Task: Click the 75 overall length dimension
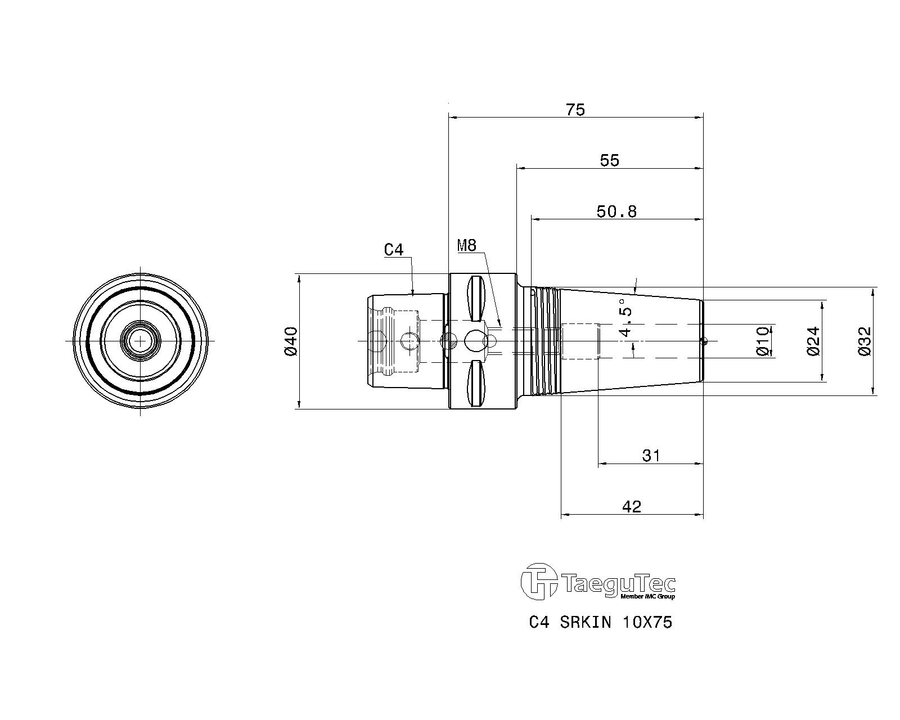point(575,110)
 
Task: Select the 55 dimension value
point(609,161)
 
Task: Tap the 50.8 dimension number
point(616,211)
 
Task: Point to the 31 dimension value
point(651,456)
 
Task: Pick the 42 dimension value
point(632,507)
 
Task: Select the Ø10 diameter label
point(763,341)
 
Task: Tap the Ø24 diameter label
point(813,341)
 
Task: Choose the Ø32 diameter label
point(865,341)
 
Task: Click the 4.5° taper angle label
point(625,318)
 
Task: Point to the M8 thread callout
point(467,246)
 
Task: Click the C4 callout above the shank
point(394,250)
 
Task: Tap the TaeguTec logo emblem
point(539,582)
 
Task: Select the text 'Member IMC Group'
point(647,596)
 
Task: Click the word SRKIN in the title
point(586,623)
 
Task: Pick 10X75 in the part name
point(647,623)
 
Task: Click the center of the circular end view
point(140,341)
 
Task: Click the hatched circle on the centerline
point(449,341)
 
